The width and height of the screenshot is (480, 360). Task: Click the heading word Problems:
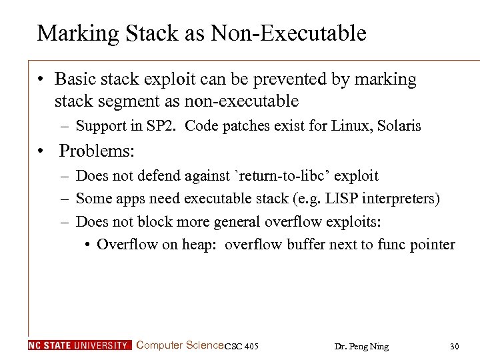tap(97, 151)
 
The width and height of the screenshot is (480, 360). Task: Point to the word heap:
tap(200, 244)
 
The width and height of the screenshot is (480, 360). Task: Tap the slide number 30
tap(455, 346)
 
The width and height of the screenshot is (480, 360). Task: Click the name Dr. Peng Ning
tap(361, 346)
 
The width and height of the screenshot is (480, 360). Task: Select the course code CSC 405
tap(241, 346)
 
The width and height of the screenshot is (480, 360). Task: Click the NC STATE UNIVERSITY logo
tap(79, 345)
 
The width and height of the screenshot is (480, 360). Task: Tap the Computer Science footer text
tap(179, 345)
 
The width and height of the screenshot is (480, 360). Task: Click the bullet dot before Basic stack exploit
tap(41, 80)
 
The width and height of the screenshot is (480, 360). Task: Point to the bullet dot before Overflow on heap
tap(88, 245)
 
